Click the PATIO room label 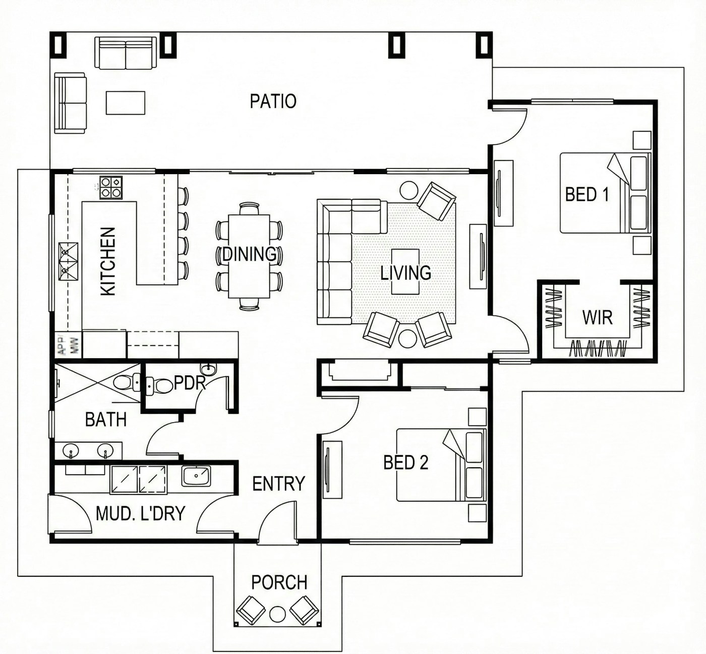pyautogui.click(x=273, y=101)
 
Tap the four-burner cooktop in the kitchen pyautogui.click(x=110, y=188)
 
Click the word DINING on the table pyautogui.click(x=249, y=254)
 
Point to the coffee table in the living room pyautogui.click(x=405, y=271)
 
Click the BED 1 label pyautogui.click(x=587, y=195)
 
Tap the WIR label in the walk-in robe pyautogui.click(x=597, y=317)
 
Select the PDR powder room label pyautogui.click(x=190, y=383)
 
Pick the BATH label pyautogui.click(x=106, y=420)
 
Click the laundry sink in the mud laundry pyautogui.click(x=196, y=476)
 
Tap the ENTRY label pyautogui.click(x=279, y=484)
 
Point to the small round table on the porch pyautogui.click(x=277, y=614)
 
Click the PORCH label pyautogui.click(x=279, y=582)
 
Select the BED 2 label pyautogui.click(x=405, y=463)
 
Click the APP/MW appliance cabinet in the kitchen pyautogui.click(x=68, y=345)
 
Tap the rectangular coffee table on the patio pyautogui.click(x=126, y=103)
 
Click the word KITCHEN pyautogui.click(x=108, y=261)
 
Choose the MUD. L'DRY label pyautogui.click(x=140, y=514)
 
